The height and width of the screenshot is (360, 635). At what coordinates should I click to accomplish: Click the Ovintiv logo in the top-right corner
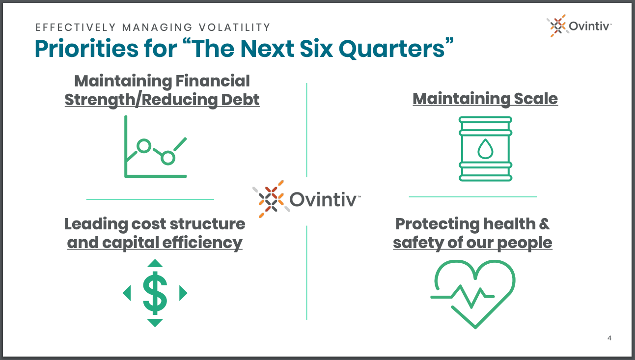coord(579,26)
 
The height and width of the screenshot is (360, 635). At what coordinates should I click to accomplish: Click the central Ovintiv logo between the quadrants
coord(306,199)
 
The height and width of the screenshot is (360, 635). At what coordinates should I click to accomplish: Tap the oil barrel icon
coord(485,149)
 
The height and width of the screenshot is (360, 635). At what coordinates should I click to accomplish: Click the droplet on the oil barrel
coord(485,149)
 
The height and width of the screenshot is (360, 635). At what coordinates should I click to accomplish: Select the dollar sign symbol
coord(155,293)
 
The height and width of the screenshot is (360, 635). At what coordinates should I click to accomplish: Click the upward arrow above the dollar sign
coord(155,263)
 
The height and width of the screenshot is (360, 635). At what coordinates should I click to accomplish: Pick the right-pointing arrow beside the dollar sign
coord(183,293)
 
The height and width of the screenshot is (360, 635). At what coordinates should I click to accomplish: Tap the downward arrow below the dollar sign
coord(155,323)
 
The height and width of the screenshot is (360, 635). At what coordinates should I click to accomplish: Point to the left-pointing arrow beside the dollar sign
coord(127,293)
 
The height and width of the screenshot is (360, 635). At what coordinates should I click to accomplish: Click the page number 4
coord(609,338)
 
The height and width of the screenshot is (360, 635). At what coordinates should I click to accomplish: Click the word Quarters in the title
coord(392,49)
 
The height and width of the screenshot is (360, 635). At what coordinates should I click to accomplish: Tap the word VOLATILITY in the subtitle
coord(235,28)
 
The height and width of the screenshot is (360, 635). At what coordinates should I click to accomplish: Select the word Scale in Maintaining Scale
coord(536,99)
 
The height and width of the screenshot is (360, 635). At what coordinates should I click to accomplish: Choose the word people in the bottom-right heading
coord(525,243)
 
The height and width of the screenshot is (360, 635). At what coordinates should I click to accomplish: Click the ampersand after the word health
coord(544,224)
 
